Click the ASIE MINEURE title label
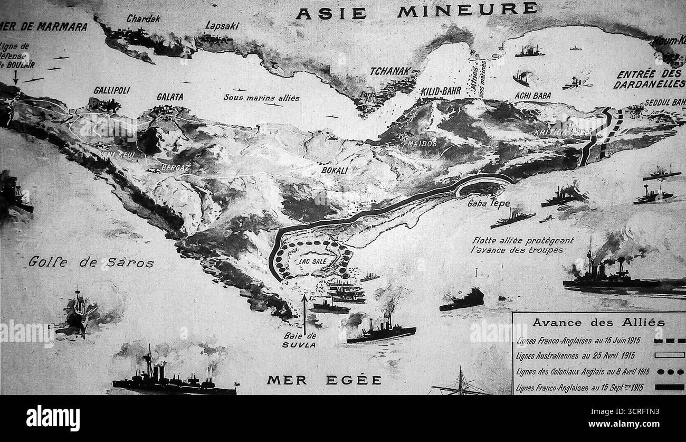click(416, 11)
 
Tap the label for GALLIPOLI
click(111, 90)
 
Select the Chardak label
click(143, 18)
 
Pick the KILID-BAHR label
click(441, 91)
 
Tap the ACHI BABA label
click(532, 96)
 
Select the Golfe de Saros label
click(91, 262)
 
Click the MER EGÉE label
click(324, 380)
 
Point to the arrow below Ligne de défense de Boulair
click(15, 78)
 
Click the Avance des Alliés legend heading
click(598, 322)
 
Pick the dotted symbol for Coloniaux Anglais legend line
click(669, 371)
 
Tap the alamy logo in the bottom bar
click(53, 418)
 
